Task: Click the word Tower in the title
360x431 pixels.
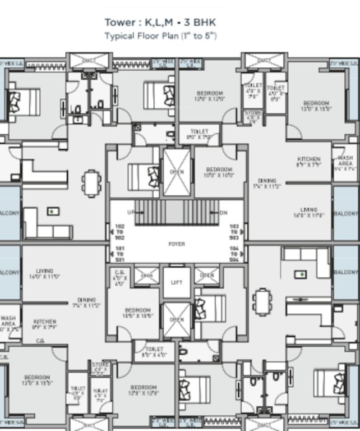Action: [118, 22]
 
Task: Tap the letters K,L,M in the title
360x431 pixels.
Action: [155, 22]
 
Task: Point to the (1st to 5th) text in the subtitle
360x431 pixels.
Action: [199, 35]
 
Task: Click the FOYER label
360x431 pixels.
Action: [177, 244]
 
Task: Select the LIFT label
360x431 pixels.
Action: [177, 282]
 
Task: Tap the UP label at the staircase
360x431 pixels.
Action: [131, 213]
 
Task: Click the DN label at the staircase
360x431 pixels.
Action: [223, 213]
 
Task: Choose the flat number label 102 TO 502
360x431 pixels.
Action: [119, 232]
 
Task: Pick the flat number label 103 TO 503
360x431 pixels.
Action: [234, 232]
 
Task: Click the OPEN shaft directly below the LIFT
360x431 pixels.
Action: [177, 319]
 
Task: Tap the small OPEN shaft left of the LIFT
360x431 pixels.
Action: [146, 276]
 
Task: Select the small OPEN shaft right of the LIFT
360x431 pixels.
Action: [206, 276]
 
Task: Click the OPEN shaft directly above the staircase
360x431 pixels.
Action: [177, 172]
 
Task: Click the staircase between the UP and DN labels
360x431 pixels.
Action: [177, 213]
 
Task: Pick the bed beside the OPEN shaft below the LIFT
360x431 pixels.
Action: [210, 309]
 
